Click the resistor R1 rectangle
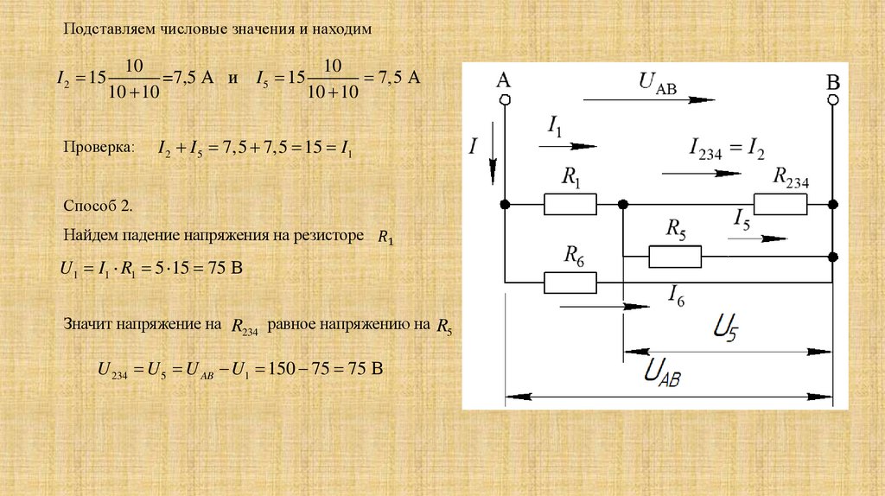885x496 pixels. (570, 204)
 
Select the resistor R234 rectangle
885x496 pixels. (780, 204)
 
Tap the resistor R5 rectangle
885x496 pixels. (675, 257)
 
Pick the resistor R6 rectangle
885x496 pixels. (570, 282)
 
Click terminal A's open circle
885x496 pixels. (504, 100)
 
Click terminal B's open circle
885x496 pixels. (833, 100)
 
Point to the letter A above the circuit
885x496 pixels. (504, 80)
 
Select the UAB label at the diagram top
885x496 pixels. (658, 82)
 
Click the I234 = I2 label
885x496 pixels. (726, 148)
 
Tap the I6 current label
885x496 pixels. (676, 299)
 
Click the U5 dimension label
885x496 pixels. (727, 329)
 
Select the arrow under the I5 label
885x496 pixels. (758, 238)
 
